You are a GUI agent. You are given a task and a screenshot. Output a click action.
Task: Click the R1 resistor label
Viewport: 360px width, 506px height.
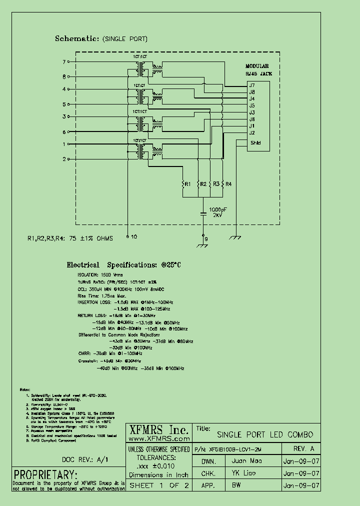[x=187, y=184]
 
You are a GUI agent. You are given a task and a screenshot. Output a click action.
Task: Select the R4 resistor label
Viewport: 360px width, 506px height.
[x=228, y=184]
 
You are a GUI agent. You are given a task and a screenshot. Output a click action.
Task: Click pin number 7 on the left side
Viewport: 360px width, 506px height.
[x=64, y=62]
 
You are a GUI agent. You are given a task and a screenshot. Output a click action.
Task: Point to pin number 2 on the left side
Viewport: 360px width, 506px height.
[x=64, y=159]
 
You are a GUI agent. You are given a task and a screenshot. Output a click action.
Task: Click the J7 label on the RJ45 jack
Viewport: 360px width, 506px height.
[x=252, y=85]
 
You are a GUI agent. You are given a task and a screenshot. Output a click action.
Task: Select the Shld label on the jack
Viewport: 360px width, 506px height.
[x=255, y=142]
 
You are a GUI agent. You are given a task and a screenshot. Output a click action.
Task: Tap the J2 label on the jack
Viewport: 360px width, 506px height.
[x=252, y=132]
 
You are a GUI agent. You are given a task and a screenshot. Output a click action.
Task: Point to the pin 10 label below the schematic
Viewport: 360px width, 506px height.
[x=133, y=237]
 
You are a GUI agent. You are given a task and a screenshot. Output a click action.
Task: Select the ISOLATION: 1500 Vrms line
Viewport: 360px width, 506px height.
[x=99, y=275]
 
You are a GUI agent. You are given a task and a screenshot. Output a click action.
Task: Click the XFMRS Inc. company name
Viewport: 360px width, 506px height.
[x=159, y=430]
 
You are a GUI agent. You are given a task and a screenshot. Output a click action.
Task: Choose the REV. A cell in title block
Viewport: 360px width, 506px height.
[x=303, y=448]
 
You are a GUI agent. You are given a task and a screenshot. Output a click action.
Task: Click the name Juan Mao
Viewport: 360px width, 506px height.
[x=247, y=460]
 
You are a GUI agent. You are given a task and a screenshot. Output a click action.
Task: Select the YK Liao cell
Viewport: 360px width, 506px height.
[x=244, y=473]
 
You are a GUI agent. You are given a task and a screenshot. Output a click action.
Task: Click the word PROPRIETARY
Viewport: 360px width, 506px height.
[x=45, y=474]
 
